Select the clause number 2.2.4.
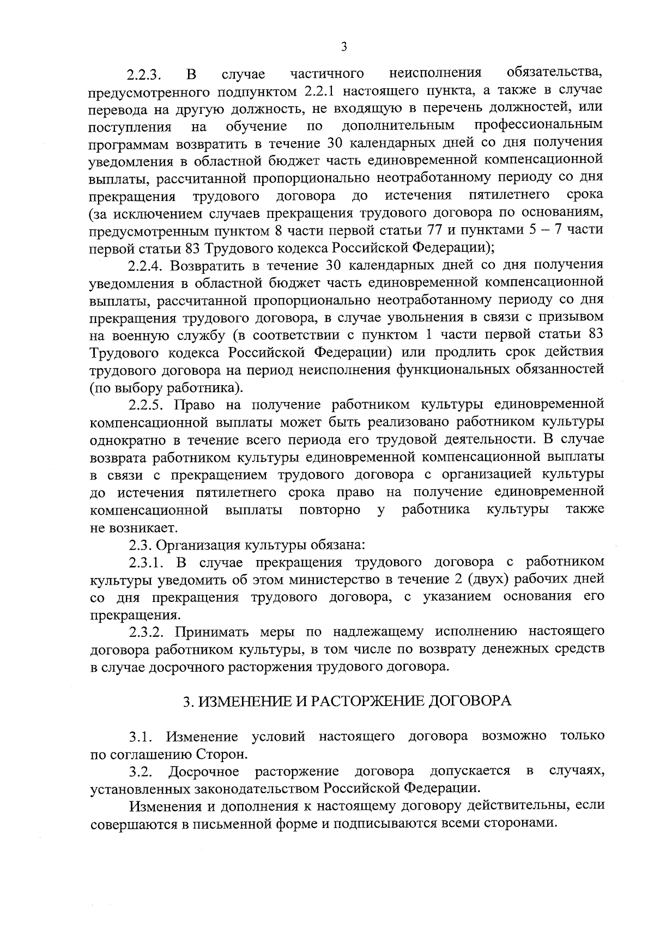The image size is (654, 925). point(147,266)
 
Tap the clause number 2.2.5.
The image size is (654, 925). point(147,405)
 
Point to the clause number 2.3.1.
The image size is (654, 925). point(147,562)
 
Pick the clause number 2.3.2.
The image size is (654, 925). point(147,632)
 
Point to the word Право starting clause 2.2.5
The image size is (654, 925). point(195,405)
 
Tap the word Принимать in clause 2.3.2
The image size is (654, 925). point(214,632)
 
